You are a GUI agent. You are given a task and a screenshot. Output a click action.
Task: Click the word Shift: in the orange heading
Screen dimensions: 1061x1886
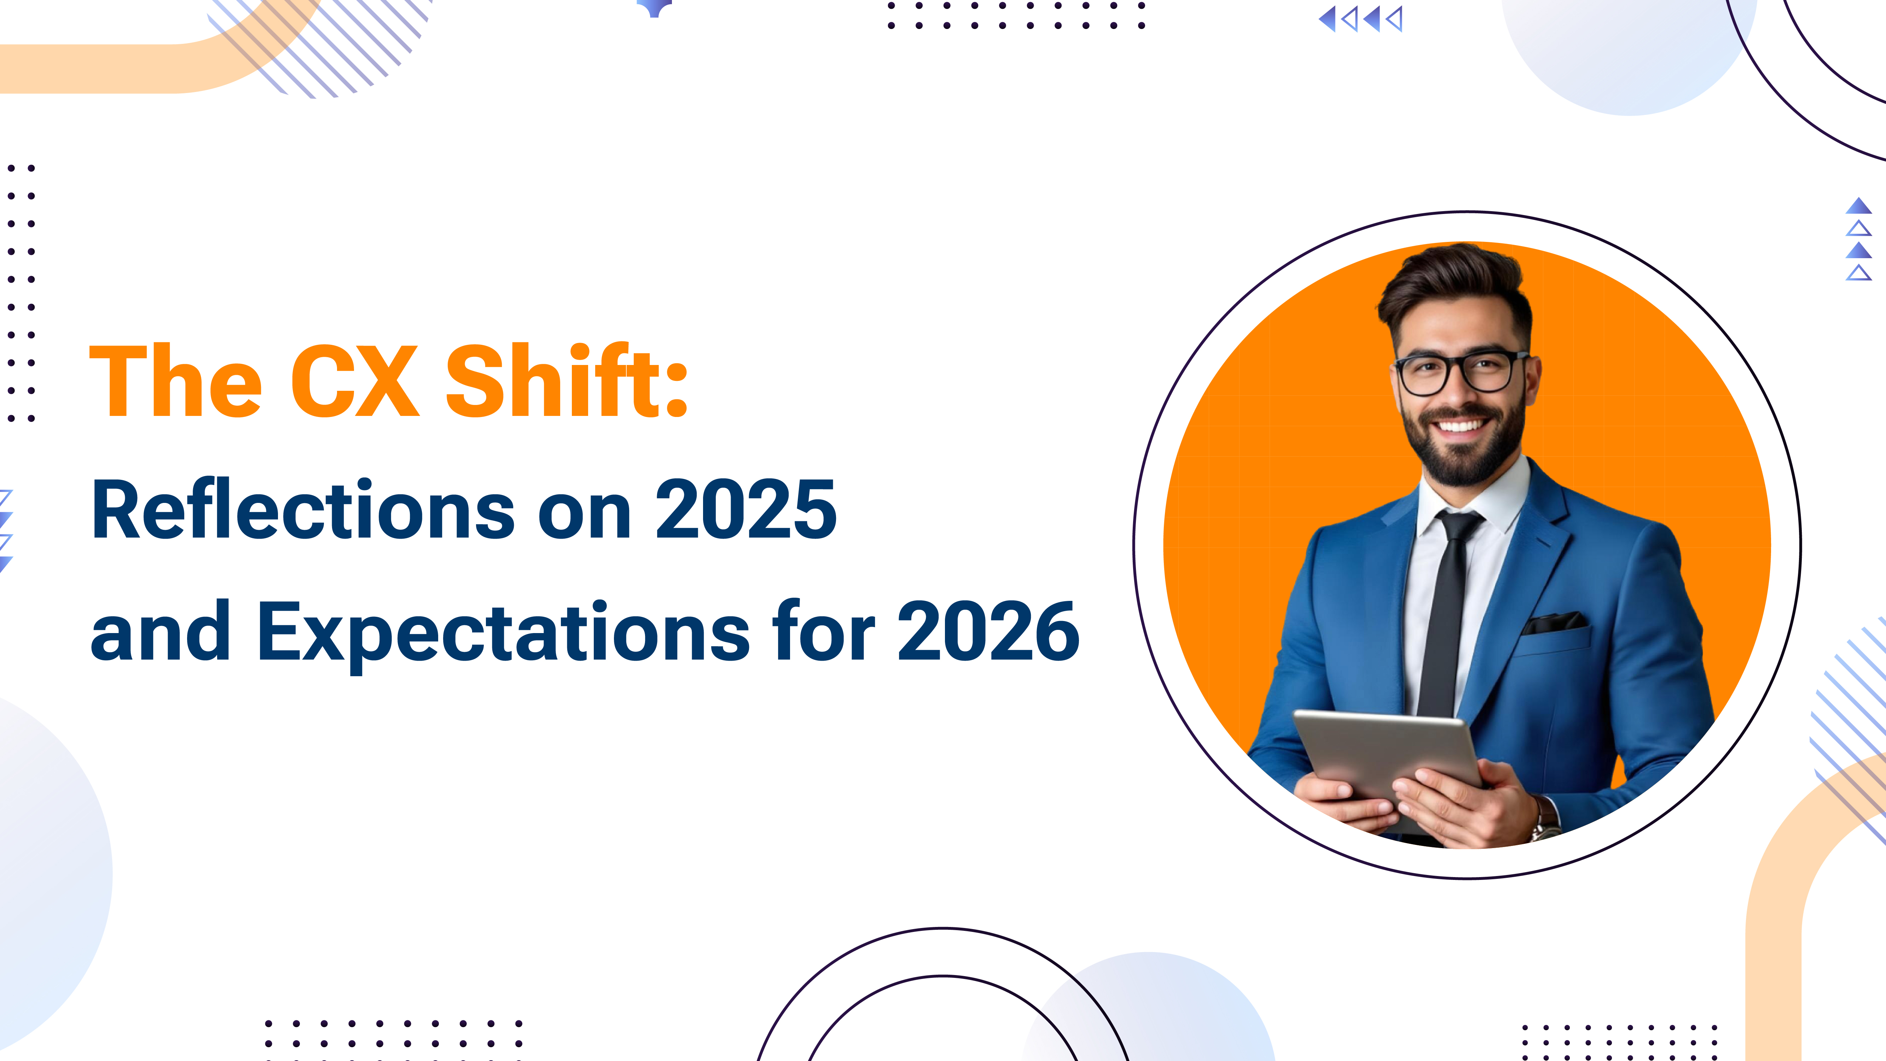coord(566,381)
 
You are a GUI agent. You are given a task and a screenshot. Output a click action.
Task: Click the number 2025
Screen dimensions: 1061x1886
coord(745,510)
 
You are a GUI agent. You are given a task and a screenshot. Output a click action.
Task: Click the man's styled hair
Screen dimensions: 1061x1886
coord(1453,282)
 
